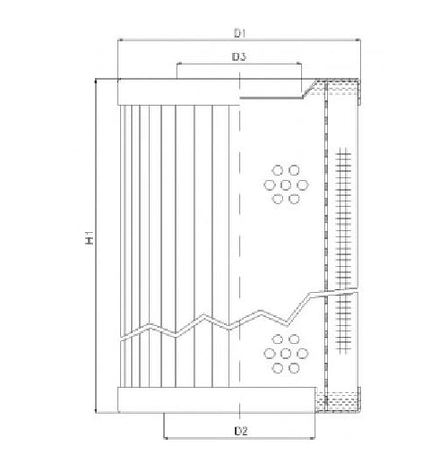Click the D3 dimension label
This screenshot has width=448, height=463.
coord(239,57)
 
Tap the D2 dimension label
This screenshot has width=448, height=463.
coord(239,429)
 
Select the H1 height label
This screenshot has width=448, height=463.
coord(87,236)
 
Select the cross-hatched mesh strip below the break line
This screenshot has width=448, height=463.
coord(342,331)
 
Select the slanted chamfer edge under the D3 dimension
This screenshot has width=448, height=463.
coord(310,91)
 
